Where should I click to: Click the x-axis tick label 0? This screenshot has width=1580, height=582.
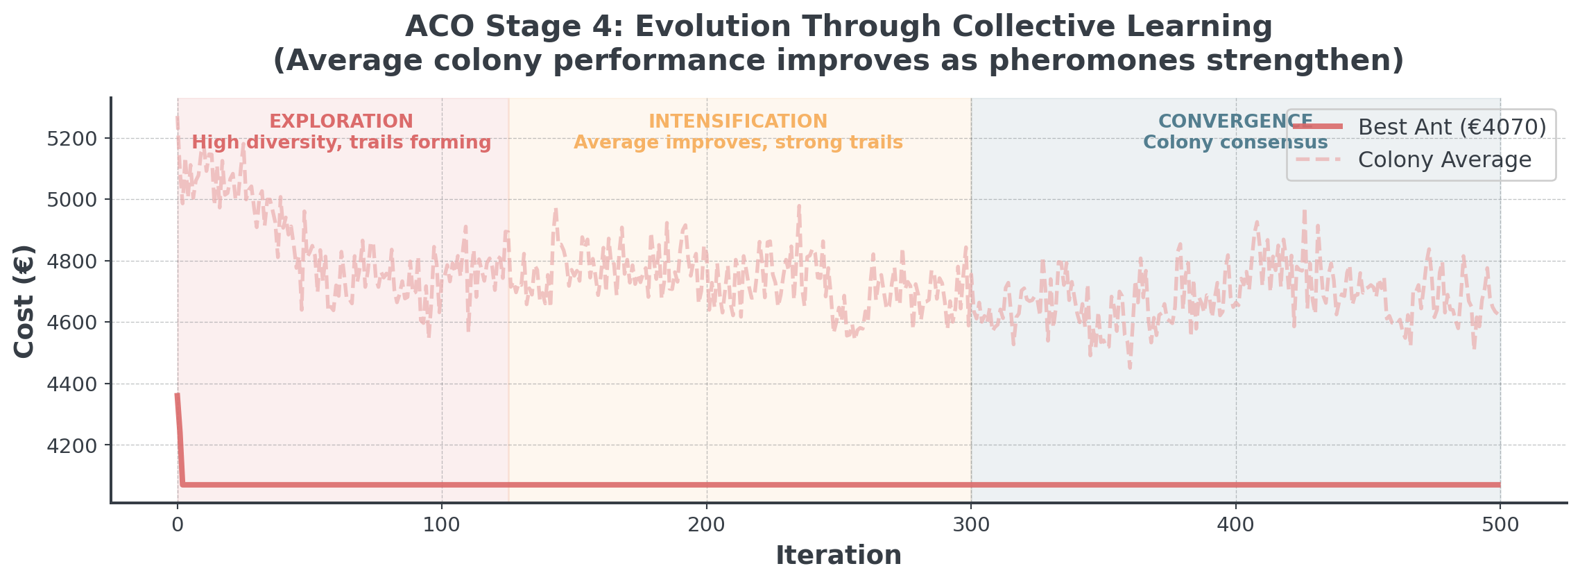[178, 525]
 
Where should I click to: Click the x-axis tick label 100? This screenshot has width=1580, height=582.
[442, 525]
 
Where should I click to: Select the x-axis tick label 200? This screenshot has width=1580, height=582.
[707, 525]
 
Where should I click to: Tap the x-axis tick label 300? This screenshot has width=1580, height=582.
[971, 525]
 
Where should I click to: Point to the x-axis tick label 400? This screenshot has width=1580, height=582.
[1236, 525]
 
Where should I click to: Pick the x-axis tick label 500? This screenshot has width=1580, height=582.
[1500, 525]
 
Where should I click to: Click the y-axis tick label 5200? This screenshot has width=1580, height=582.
[72, 139]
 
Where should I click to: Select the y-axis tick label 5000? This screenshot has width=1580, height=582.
[72, 200]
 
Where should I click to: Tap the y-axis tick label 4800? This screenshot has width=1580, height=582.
[72, 262]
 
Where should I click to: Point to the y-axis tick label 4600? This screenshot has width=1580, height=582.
[72, 323]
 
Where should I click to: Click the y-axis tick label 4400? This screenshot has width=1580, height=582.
[72, 384]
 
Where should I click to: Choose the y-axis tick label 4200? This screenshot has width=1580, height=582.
[72, 445]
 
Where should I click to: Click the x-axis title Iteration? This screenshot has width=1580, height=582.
[839, 556]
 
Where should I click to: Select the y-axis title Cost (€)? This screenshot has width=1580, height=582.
[25, 301]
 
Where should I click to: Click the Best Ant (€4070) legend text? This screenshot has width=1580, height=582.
[1452, 127]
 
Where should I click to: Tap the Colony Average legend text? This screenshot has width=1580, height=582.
[1445, 160]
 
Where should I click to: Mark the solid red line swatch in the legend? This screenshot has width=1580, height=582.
[1319, 126]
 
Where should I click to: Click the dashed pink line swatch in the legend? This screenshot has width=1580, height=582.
[1319, 159]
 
